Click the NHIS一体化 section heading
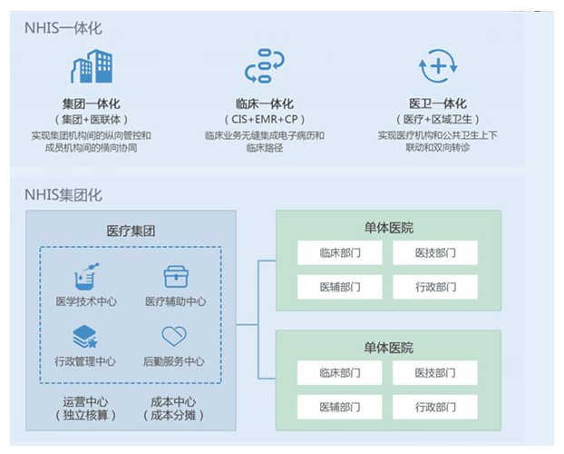coord(63,28)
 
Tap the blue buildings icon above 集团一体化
coord(92,66)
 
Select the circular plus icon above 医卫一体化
coord(438,66)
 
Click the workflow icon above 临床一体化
coord(265,66)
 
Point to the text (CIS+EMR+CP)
coord(265,119)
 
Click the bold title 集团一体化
coord(92,104)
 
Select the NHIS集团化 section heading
coord(63,194)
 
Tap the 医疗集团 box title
coord(131,231)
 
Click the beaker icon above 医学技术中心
coord(86,276)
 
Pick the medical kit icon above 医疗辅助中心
coord(176,277)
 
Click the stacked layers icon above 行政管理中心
coord(85,337)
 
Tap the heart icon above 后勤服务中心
coord(174,336)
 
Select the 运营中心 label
coord(85,401)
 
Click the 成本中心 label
coord(173,401)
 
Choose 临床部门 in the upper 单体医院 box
coord(340,253)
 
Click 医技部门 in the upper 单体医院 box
coord(435,253)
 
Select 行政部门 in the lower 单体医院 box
coord(435,407)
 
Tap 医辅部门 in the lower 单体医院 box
coord(340,407)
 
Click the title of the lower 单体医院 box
coord(388,348)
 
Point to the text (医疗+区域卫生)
coord(438,119)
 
